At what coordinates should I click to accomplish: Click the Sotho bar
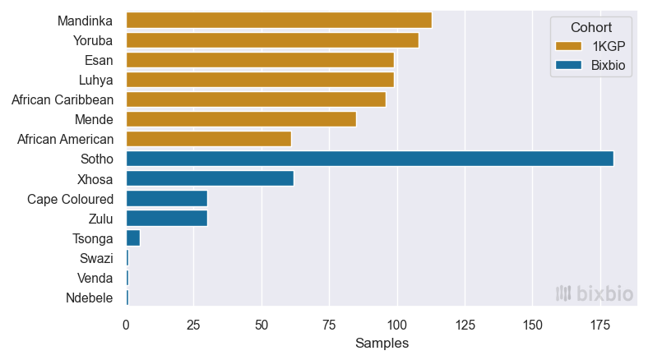[x=369, y=159]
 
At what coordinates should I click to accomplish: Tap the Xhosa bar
[x=210, y=178]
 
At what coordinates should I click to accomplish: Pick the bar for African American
[x=208, y=139]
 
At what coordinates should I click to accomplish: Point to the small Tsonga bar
[x=132, y=238]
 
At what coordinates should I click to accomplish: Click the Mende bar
[x=241, y=119]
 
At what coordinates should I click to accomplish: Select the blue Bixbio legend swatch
[x=568, y=67]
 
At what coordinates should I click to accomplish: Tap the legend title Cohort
[x=592, y=27]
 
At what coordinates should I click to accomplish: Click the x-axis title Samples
[x=382, y=344]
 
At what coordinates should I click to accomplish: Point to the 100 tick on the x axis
[x=396, y=325]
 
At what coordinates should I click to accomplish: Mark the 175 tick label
[x=599, y=325]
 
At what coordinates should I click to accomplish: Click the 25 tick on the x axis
[x=193, y=325]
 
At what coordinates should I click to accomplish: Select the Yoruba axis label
[x=93, y=40]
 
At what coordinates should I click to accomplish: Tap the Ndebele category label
[x=90, y=298]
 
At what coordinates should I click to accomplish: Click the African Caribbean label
[x=62, y=99]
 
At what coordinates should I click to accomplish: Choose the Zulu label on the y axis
[x=100, y=219]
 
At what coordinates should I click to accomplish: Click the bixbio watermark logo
[x=594, y=293]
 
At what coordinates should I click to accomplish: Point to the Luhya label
[x=95, y=80]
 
